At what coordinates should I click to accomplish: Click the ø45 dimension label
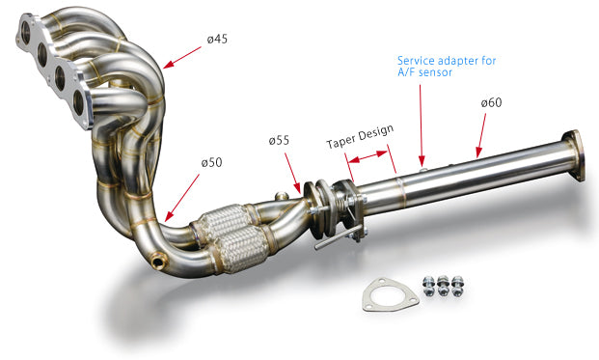[x=219, y=40]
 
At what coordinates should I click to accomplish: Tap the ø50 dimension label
[x=211, y=162]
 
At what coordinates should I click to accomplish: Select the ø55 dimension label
[x=279, y=141]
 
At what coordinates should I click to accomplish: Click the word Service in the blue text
[x=419, y=59]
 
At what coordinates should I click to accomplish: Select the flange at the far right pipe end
[x=573, y=154]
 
